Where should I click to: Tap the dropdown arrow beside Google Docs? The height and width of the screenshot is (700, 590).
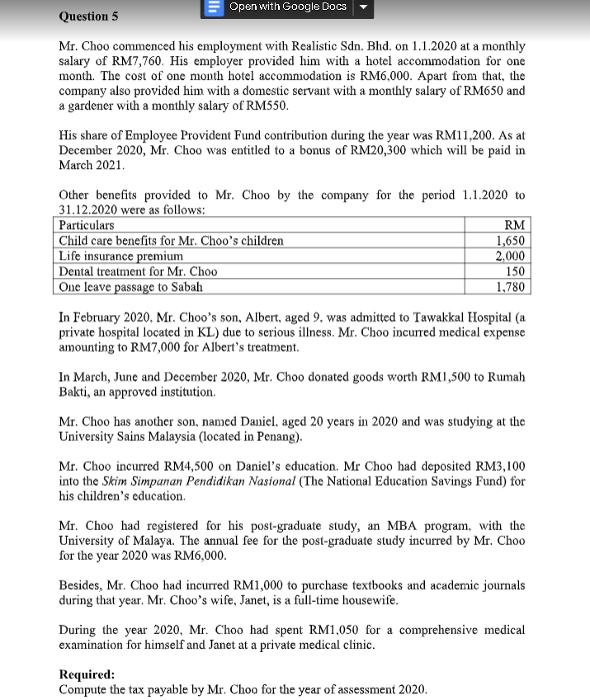point(361,7)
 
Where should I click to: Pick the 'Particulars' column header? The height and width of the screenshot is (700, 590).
point(87,225)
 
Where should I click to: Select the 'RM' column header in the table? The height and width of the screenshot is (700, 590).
point(514,225)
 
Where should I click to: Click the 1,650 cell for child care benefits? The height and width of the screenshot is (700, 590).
point(511,241)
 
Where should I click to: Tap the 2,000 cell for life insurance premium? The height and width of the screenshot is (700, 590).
point(511,256)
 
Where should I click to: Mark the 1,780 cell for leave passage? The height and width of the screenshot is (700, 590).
point(511,287)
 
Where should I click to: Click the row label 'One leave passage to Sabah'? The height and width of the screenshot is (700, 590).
point(130,287)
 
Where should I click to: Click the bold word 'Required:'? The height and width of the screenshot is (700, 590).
point(87,674)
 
